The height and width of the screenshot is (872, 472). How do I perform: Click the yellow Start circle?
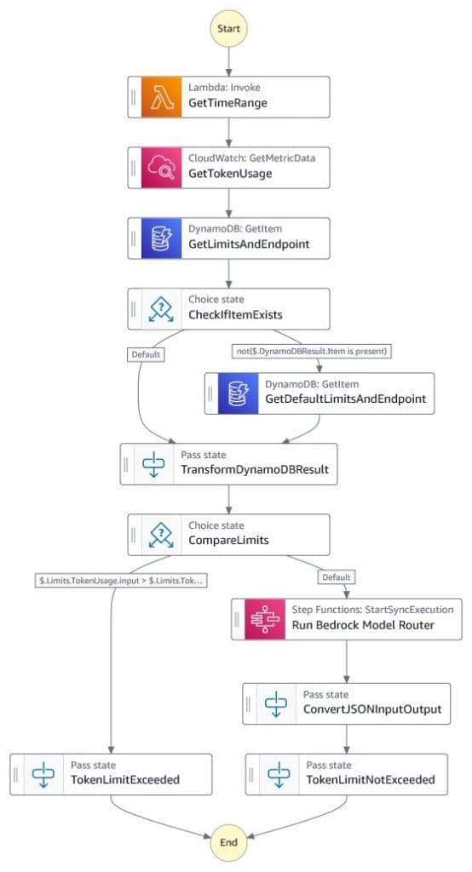tap(228, 28)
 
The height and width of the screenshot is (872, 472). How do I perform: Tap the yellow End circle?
tap(228, 843)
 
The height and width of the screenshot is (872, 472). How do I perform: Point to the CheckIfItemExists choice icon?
tap(162, 308)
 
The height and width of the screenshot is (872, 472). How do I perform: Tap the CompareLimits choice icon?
tap(162, 534)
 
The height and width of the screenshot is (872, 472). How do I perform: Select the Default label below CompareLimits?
tap(336, 578)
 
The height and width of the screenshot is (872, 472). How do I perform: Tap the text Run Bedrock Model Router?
tap(364, 626)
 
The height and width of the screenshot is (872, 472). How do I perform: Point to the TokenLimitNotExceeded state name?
tap(371, 780)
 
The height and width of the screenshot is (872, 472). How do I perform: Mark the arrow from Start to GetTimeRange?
tap(228, 61)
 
